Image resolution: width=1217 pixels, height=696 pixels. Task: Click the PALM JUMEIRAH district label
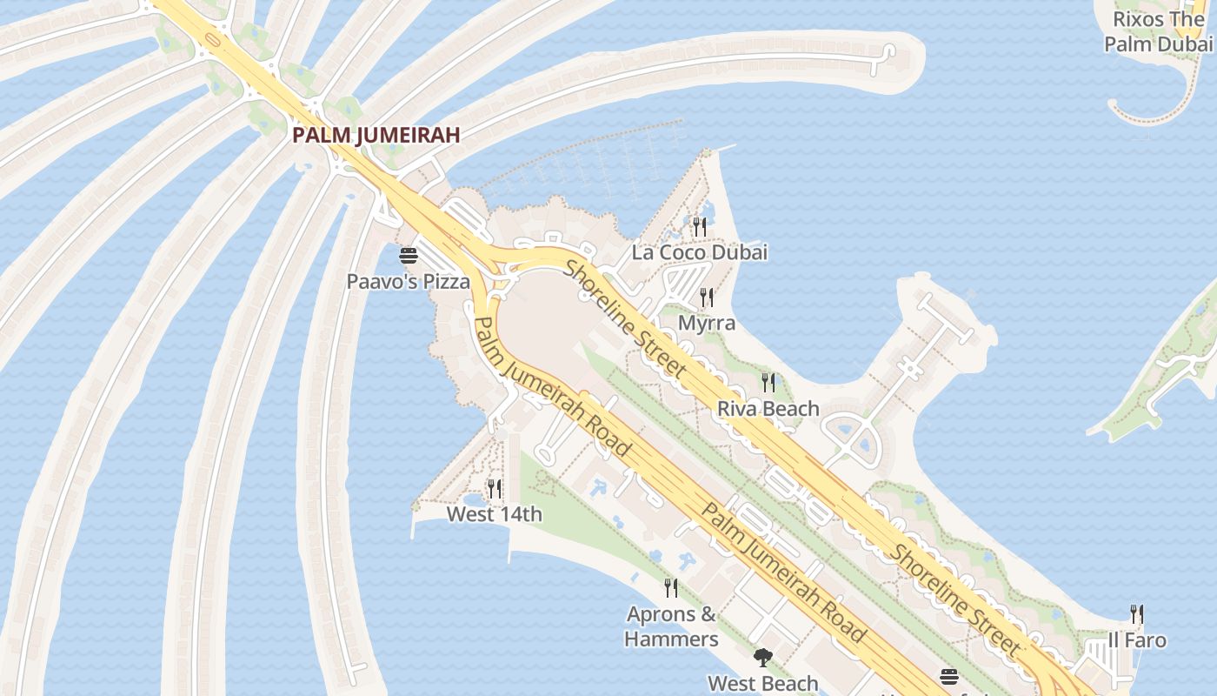pos(376,135)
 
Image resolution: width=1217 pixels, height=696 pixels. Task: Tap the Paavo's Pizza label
pos(408,281)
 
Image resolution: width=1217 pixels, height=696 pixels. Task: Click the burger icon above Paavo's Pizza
pos(408,256)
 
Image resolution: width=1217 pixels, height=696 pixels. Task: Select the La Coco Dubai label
pos(700,252)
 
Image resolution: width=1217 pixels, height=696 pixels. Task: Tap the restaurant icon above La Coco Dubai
pos(699,226)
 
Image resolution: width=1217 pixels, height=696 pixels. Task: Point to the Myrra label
pos(707,323)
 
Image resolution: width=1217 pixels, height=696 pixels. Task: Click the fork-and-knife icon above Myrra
pos(707,298)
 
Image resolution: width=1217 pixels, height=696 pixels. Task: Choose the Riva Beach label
pos(768,408)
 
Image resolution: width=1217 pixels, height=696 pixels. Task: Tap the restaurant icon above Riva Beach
pos(768,382)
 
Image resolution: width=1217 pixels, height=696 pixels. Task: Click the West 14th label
pos(494,514)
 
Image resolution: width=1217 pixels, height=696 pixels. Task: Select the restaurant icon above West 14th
pos(494,488)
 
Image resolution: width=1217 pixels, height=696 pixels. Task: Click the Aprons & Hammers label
pos(671,626)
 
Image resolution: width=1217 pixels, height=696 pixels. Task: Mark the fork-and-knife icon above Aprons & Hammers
pos(671,588)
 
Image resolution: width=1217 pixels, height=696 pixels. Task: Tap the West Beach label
pos(762,683)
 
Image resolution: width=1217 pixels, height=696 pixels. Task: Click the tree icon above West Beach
pos(762,658)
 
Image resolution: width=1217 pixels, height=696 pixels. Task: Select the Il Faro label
pos(1137,640)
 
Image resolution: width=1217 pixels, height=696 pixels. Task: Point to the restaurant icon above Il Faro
pos(1137,614)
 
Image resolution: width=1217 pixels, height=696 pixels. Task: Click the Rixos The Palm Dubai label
pos(1159,31)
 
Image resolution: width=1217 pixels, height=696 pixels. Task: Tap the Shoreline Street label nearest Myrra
pos(626,319)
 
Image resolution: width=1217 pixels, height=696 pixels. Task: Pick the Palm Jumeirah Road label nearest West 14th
pos(553,387)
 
